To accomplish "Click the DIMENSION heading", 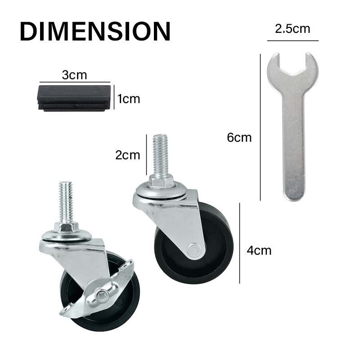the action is [95, 31].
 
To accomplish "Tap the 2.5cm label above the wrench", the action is [292, 29].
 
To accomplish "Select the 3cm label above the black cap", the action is [74, 75].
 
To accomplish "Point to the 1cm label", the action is [129, 99].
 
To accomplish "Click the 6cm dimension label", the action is [239, 138].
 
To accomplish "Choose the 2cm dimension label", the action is [128, 155].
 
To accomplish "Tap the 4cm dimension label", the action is [259, 250].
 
